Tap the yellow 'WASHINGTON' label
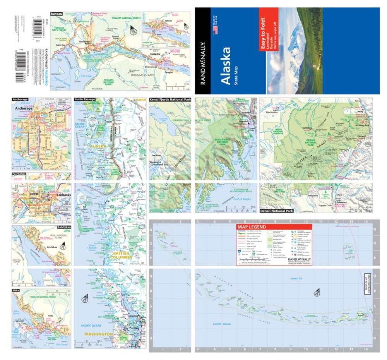point(99,334)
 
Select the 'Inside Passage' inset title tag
point(85,99)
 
